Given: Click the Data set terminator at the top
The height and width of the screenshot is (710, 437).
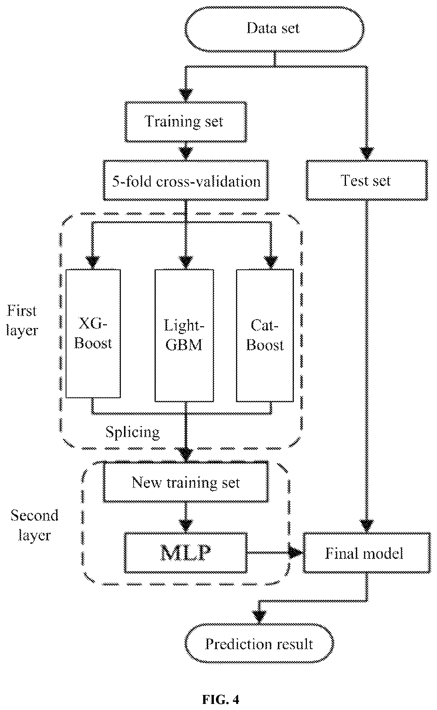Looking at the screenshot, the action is [x=274, y=29].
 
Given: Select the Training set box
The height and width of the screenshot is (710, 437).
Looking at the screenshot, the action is [x=186, y=122].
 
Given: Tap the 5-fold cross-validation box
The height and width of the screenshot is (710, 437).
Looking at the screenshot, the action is [x=186, y=180].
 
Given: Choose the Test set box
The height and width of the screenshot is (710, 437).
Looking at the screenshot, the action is [x=367, y=180].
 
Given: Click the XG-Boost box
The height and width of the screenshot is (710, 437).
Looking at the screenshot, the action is [x=93, y=333].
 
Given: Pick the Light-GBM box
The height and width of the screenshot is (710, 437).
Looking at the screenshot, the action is [x=184, y=335].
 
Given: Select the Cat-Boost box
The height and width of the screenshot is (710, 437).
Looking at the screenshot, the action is [x=265, y=335].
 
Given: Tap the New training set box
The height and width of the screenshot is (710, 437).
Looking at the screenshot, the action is [x=186, y=482].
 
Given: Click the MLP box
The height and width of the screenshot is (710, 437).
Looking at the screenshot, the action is [x=186, y=553].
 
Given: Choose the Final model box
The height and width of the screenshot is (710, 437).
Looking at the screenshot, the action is [x=366, y=553].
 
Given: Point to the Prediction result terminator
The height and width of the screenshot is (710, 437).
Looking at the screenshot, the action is [x=259, y=644].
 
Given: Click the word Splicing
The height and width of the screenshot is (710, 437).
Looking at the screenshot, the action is [x=132, y=432].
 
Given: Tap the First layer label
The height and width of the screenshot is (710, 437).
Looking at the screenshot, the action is [x=22, y=320].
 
